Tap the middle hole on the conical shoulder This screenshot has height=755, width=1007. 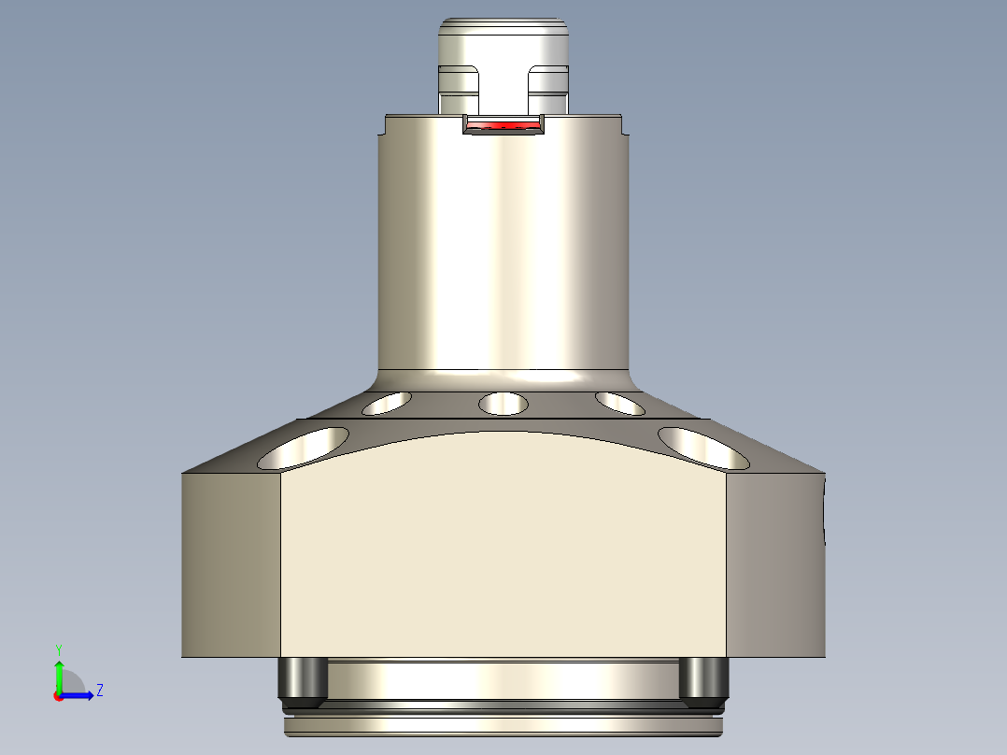coord(503,404)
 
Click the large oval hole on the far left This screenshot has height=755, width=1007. coord(305,448)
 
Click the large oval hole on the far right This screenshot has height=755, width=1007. coord(703,448)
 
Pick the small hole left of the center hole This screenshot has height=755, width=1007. coord(387,403)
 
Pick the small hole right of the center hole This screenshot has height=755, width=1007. coord(619,403)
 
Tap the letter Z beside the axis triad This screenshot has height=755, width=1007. coord(99,691)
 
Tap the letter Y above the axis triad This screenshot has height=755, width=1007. coord(58,648)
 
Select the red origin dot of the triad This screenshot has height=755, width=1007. coord(58,696)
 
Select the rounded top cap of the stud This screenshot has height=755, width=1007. coord(503,42)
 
